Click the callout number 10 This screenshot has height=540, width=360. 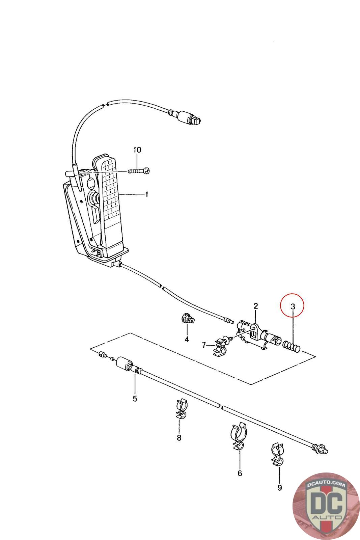point(137,150)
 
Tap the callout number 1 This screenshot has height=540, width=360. point(146,194)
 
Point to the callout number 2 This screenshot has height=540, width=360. point(255,306)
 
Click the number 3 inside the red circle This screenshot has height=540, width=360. point(293,307)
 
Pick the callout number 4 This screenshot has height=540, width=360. point(187,339)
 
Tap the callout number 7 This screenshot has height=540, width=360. point(204,345)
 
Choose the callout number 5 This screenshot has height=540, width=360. point(135,399)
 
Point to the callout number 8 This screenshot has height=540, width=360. point(179,438)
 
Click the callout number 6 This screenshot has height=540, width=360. point(240,474)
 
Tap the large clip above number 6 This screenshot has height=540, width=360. point(239,435)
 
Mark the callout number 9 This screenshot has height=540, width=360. point(279,487)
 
